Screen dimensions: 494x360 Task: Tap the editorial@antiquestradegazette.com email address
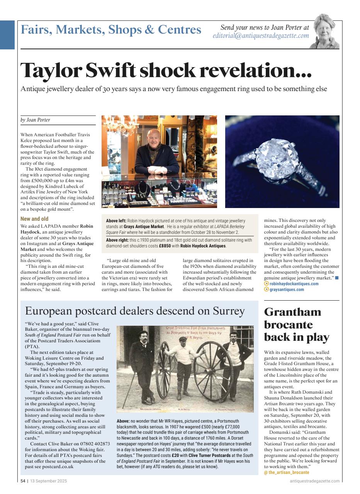pos(261,36)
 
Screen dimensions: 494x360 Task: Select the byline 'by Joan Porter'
pos(35,120)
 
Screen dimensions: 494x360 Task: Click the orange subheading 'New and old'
pos(34,219)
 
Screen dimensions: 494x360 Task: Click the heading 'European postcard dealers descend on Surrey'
pos(134,311)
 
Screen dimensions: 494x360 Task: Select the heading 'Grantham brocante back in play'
pos(296,325)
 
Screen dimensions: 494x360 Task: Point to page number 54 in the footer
pos(23,481)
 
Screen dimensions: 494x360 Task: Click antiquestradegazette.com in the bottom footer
pos(314,481)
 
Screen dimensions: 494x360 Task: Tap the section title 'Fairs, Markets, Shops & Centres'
pos(111,30)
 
